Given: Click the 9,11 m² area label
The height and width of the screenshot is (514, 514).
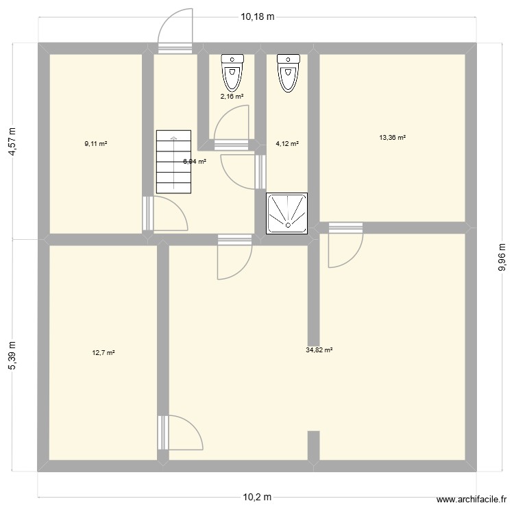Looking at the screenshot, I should [96, 144].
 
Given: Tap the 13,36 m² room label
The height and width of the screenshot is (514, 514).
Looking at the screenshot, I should [392, 138].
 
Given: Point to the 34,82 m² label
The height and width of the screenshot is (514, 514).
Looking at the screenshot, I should [319, 350].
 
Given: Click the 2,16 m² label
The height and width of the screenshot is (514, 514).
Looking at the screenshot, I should [232, 97].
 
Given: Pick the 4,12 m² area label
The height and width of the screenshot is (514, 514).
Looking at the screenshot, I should [287, 144].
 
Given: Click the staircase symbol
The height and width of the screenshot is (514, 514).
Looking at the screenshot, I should [173, 162].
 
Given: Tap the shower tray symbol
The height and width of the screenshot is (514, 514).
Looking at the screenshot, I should [288, 211].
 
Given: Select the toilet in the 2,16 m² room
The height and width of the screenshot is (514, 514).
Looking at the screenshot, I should [233, 72].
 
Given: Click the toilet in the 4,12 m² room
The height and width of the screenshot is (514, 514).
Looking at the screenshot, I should [288, 72].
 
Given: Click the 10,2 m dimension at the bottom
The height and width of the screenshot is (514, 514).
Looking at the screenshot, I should [256, 498].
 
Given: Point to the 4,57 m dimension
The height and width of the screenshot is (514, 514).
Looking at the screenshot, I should [12, 141].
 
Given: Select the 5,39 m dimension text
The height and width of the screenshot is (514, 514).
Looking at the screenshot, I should [12, 356].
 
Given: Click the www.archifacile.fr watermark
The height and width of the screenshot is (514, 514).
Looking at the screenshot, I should [472, 501].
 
